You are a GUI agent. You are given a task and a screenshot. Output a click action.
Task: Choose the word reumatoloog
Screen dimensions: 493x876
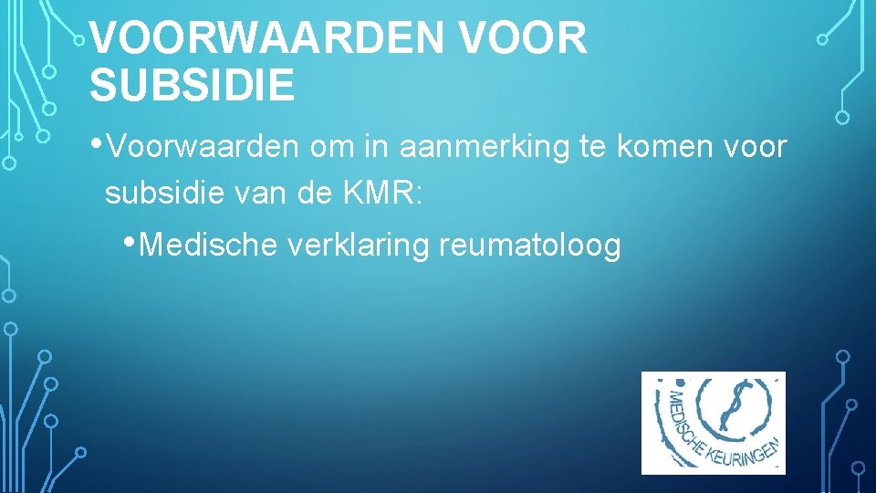(x=530, y=246)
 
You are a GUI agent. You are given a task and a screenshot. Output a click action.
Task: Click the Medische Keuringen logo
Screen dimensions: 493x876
(x=713, y=423)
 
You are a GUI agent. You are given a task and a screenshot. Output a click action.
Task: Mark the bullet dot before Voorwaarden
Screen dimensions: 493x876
(x=96, y=142)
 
